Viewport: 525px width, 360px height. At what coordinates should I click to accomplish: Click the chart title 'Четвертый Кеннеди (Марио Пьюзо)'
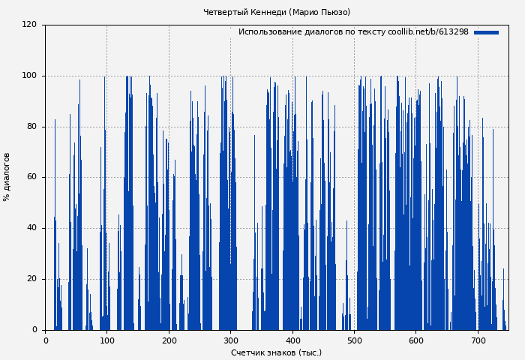point(276,12)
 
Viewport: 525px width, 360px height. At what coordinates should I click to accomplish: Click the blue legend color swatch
point(486,32)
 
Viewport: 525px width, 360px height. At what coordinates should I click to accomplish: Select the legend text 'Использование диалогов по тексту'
point(312,32)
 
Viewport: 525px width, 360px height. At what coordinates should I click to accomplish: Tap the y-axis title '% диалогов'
point(7,177)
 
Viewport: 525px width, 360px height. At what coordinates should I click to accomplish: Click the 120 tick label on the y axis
point(29,25)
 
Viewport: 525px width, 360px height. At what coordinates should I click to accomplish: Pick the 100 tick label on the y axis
point(29,76)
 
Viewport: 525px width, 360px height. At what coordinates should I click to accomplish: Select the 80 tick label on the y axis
point(31,127)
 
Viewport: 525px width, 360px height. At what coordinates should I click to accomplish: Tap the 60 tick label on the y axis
point(31,177)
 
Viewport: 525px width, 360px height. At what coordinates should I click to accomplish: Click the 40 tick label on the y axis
point(31,228)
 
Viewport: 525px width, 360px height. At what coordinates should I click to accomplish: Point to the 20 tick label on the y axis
point(31,279)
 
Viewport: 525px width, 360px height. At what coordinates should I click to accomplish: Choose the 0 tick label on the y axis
point(34,330)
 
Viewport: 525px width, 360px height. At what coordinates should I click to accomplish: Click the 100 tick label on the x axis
point(107,340)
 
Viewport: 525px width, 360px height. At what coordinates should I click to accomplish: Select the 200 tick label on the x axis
point(169,340)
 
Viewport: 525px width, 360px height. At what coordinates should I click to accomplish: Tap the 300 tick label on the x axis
point(231,340)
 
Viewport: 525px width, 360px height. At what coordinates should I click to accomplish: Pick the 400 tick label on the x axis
point(292,340)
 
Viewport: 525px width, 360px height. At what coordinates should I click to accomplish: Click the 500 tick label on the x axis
point(354,340)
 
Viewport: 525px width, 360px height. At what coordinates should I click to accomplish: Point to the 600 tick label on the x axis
point(416,340)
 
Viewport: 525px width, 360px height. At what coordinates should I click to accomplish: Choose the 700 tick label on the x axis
point(478,340)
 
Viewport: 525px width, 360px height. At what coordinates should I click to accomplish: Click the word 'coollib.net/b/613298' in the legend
point(428,32)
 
